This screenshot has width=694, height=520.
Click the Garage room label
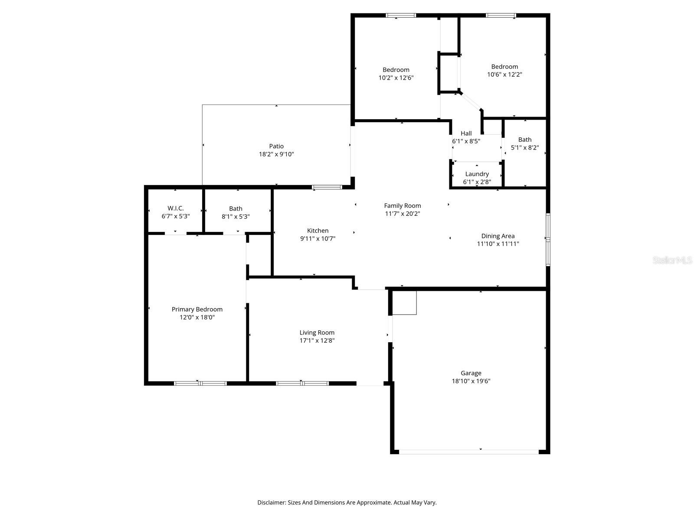click(471, 373)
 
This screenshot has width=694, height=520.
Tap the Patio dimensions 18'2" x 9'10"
click(276, 154)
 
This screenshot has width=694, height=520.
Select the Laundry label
click(477, 174)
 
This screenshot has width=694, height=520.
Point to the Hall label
click(466, 133)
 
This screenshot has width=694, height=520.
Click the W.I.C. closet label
click(175, 208)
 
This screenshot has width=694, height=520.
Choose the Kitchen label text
click(318, 231)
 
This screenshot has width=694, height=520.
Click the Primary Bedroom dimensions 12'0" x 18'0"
click(197, 317)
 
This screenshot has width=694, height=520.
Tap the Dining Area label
click(498, 236)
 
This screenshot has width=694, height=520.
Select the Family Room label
click(402, 206)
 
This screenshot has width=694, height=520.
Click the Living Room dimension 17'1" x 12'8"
click(317, 341)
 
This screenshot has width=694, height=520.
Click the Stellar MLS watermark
click(672, 260)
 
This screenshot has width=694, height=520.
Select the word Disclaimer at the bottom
click(271, 503)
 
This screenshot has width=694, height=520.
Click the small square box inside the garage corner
click(404, 302)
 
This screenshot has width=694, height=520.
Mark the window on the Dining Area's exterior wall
click(548, 239)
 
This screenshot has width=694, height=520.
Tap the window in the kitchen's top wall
click(327, 187)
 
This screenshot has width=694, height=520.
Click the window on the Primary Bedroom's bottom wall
click(200, 383)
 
